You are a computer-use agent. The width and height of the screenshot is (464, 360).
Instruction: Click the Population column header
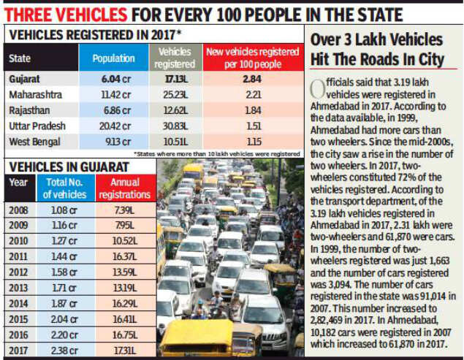[114, 58]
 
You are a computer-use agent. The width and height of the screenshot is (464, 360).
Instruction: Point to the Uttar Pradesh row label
[36, 126]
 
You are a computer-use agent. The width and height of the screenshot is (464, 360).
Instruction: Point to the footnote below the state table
[218, 154]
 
